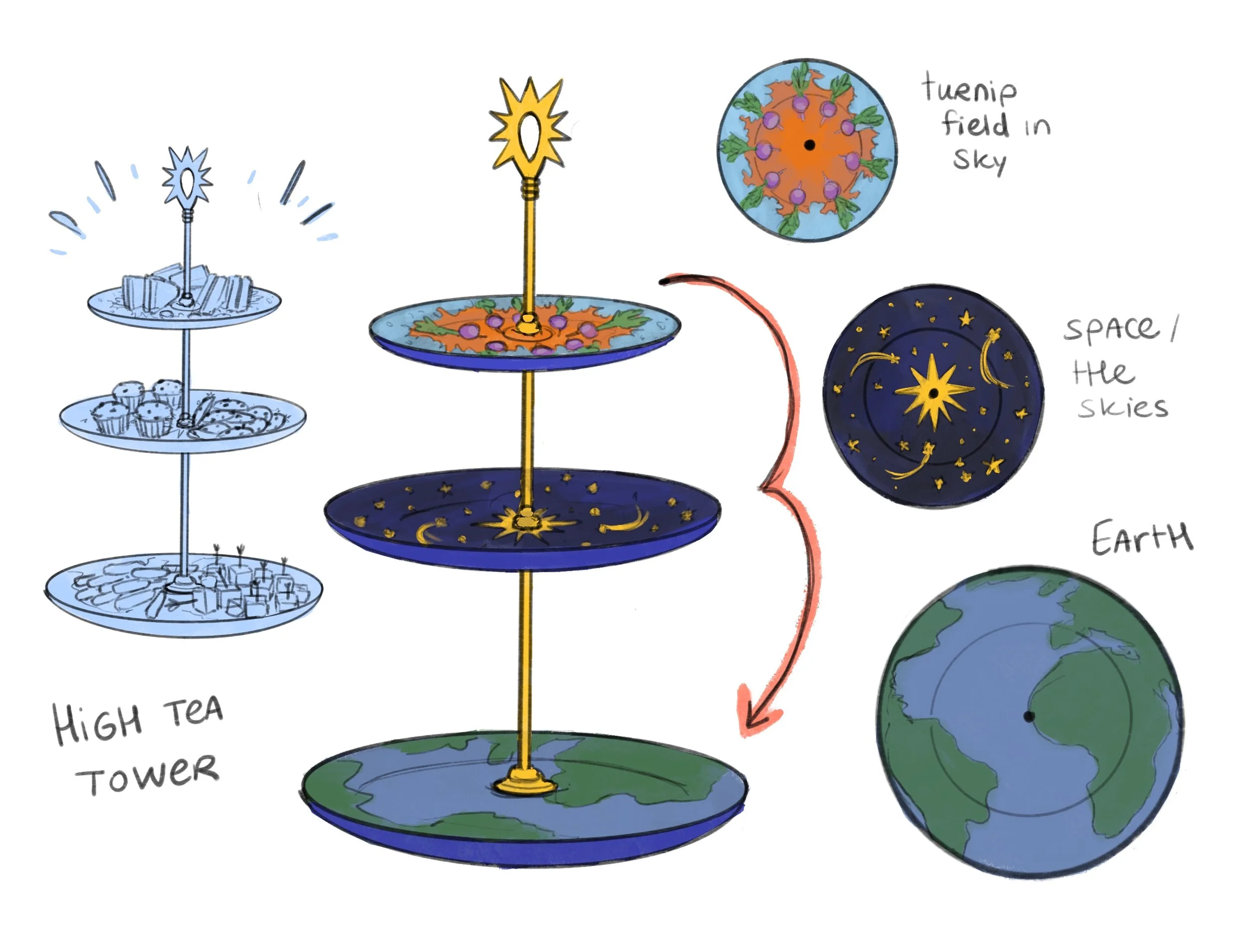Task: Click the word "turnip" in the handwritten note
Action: (x=969, y=90)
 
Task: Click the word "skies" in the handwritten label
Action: (x=1122, y=407)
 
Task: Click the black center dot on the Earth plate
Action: (x=1029, y=716)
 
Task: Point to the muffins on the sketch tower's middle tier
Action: (x=138, y=410)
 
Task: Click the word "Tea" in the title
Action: (x=193, y=712)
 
